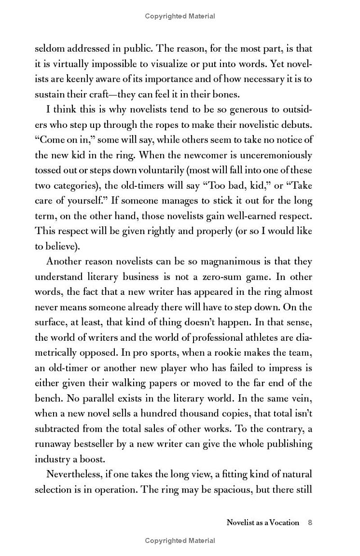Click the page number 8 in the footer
click(x=310, y=523)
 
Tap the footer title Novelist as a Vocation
click(x=263, y=523)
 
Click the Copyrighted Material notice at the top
click(x=180, y=16)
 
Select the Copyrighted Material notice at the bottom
click(x=180, y=541)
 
